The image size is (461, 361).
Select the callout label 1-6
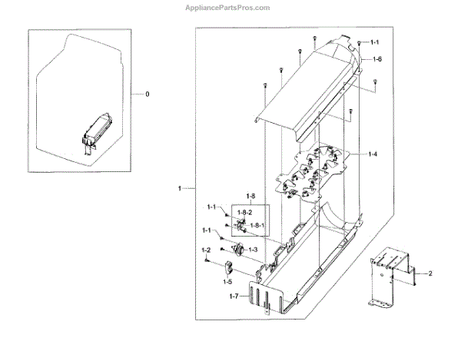tap(377, 59)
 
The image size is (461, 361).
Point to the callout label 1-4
tap(372, 154)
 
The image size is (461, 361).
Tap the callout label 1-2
tap(206, 250)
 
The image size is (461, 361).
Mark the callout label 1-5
tap(227, 281)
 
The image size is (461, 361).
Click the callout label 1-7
tap(234, 295)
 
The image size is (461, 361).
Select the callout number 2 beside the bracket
tap(430, 273)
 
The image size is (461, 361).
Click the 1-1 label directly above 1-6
tap(374, 41)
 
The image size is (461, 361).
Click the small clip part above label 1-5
tap(227, 267)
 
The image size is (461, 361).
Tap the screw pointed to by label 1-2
tap(207, 260)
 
